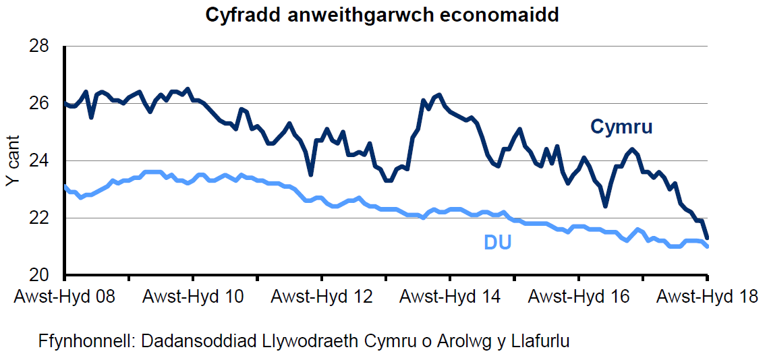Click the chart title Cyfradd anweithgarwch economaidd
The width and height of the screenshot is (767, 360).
[x=382, y=15]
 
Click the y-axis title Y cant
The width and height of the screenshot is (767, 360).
[x=12, y=161]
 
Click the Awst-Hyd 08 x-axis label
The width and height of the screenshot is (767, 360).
[x=64, y=297]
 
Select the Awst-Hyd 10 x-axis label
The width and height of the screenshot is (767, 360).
[x=193, y=297]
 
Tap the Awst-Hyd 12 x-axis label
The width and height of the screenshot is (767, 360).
[x=322, y=297]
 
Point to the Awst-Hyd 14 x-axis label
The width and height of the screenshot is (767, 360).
[x=450, y=297]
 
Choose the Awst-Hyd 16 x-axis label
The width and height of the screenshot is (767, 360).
[x=579, y=297]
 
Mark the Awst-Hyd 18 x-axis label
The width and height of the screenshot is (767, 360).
[x=707, y=297]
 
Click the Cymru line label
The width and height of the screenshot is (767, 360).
[x=621, y=127]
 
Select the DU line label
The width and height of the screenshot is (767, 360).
[x=497, y=242]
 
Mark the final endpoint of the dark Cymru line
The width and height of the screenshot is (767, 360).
[x=707, y=238]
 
